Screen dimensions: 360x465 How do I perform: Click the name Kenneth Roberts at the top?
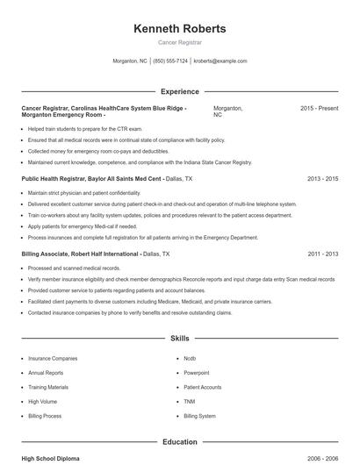point(179,28)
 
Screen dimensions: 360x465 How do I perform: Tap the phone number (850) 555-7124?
point(170,61)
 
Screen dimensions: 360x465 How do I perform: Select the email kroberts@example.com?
point(220,61)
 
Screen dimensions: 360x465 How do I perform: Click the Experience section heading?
point(179,91)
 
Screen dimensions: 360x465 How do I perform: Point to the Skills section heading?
point(179,337)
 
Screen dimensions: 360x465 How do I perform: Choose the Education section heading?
point(179,443)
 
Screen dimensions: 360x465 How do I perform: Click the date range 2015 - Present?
point(319,108)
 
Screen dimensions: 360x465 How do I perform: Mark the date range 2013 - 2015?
point(322,178)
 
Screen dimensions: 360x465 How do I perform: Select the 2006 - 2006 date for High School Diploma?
point(322,459)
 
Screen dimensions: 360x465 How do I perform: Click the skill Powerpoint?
point(197,373)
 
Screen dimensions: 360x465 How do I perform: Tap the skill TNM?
point(189,402)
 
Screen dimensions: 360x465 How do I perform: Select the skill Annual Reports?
point(46,373)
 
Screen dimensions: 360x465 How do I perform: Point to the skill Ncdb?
point(190,359)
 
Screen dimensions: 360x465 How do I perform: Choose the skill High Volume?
point(42,402)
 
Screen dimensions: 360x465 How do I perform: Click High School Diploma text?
point(51,459)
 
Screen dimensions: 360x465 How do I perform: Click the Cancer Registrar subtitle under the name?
point(179,42)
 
